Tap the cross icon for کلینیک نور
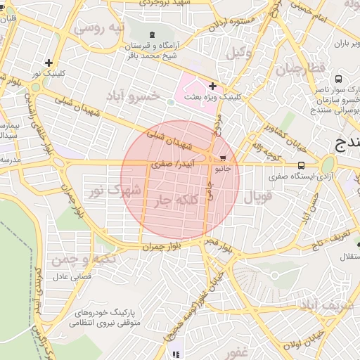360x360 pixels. [48, 63]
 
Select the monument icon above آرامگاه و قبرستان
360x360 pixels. [153, 35]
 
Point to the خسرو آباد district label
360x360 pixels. [133, 94]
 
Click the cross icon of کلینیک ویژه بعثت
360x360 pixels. [212, 86]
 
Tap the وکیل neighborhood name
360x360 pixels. [238, 52]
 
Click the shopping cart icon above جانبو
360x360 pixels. [224, 158]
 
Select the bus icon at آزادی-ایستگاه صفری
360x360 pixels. [301, 166]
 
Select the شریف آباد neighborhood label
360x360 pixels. [326, 305]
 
